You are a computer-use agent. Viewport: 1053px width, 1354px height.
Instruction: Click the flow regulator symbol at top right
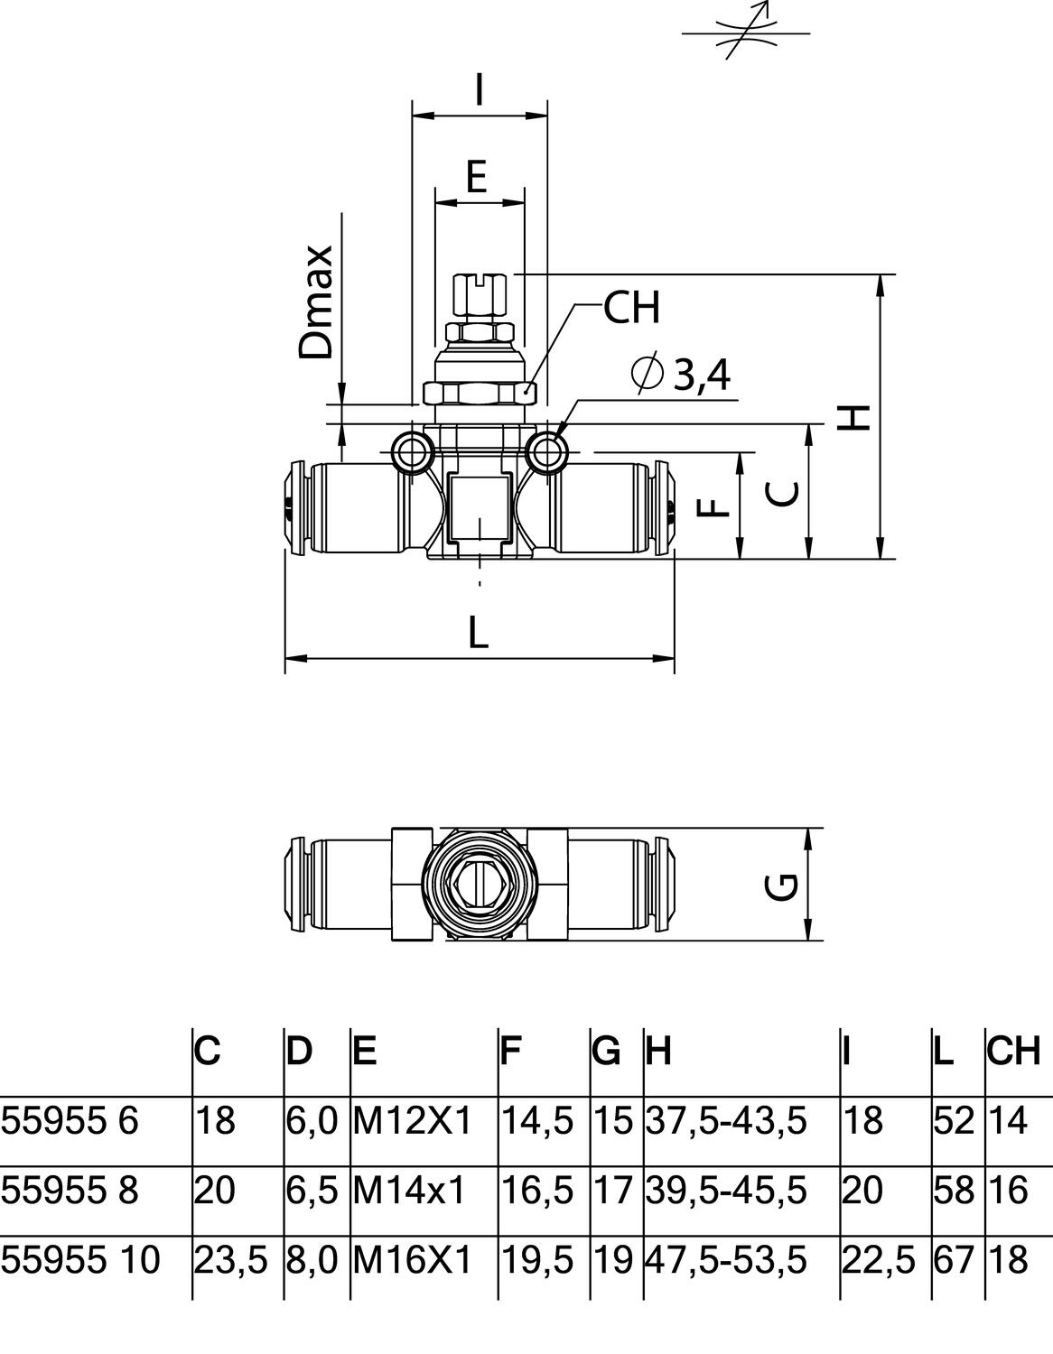(745, 32)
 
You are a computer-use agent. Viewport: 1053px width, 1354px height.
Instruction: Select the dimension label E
(476, 176)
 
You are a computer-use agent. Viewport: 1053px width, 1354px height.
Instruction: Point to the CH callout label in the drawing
(631, 308)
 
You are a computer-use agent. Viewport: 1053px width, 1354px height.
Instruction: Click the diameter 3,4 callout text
(683, 375)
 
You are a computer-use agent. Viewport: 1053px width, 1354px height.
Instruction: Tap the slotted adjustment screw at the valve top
(480, 297)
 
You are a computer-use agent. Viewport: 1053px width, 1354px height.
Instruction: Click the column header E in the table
(364, 1051)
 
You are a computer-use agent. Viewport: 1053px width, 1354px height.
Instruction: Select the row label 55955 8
(70, 1191)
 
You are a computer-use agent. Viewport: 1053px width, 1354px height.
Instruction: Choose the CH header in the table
(1013, 1051)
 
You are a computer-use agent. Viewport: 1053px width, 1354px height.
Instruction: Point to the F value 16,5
(536, 1191)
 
